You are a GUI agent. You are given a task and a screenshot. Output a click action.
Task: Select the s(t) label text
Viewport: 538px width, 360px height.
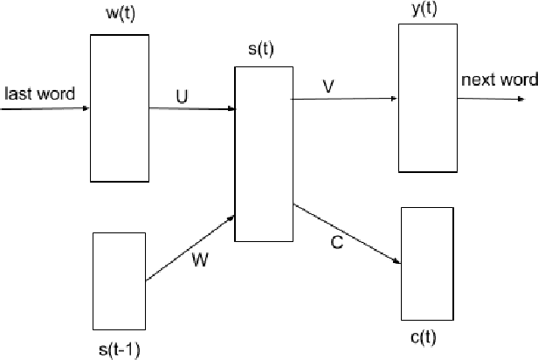tap(260, 49)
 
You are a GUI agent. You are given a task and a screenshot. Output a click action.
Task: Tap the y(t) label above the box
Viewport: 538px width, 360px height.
tap(426, 8)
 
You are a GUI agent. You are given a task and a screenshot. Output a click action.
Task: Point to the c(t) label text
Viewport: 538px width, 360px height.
tap(427, 338)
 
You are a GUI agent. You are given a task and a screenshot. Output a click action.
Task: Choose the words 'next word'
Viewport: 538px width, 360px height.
tap(497, 80)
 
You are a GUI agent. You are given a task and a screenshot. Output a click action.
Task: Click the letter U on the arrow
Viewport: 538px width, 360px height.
tap(182, 97)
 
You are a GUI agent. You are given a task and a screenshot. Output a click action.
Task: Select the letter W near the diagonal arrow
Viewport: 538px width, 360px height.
tap(200, 260)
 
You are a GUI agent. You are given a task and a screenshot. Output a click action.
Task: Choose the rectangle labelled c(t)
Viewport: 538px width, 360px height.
tap(427, 263)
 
